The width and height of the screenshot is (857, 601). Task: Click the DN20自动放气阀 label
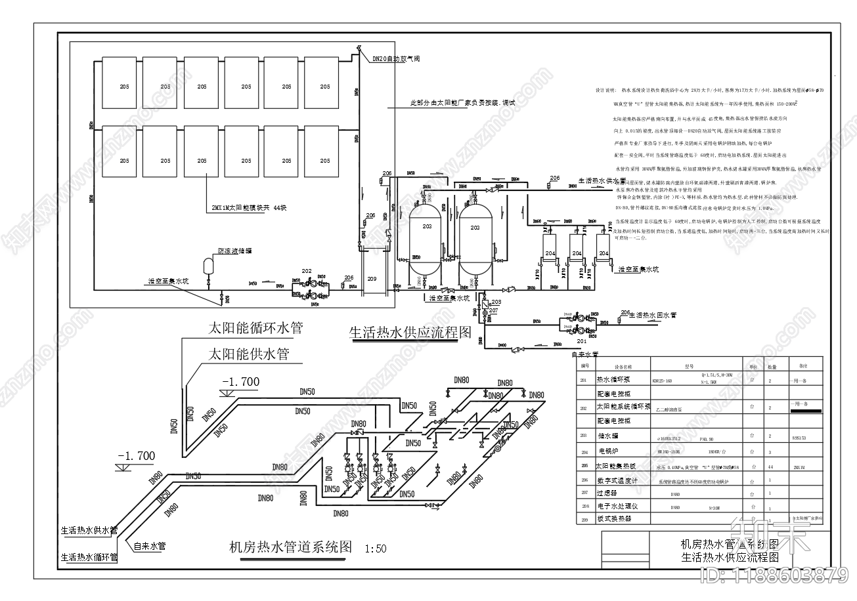(396, 59)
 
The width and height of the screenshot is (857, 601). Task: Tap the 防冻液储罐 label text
(235, 251)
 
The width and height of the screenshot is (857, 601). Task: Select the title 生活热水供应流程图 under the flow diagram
(410, 332)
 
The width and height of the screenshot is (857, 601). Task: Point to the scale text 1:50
(375, 549)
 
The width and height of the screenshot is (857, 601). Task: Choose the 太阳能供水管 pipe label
(248, 354)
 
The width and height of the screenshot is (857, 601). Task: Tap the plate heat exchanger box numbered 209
(372, 280)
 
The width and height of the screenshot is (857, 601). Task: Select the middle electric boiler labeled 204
(576, 253)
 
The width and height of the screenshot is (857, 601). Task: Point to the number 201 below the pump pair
(582, 341)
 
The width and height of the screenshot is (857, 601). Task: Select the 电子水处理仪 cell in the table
(613, 507)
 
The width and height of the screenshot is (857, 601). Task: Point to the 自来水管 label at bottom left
(150, 545)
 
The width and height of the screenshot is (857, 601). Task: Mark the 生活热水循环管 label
(89, 558)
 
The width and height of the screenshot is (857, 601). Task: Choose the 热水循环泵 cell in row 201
(612, 380)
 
